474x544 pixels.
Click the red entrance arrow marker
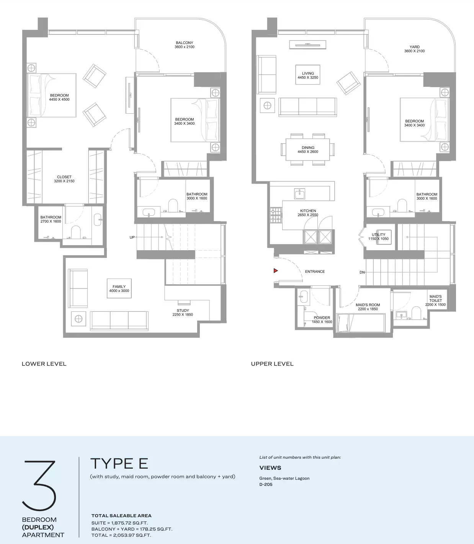276,271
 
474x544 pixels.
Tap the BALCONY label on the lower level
185,42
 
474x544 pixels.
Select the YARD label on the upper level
414,47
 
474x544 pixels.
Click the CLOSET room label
64,177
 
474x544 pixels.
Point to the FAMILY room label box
119,288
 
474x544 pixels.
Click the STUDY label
183,310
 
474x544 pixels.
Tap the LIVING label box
308,75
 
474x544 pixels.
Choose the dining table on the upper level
308,150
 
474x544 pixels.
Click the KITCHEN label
308,210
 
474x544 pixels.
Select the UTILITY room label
378,235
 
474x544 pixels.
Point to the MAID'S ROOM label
368,305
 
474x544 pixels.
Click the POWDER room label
322,318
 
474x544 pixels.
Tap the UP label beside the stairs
132,237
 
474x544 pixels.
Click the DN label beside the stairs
362,272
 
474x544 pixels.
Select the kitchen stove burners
276,215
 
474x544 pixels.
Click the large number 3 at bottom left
39,485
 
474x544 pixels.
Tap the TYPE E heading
119,463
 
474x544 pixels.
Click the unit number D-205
266,484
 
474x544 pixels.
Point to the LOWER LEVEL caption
44,364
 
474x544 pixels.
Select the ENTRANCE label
315,272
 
